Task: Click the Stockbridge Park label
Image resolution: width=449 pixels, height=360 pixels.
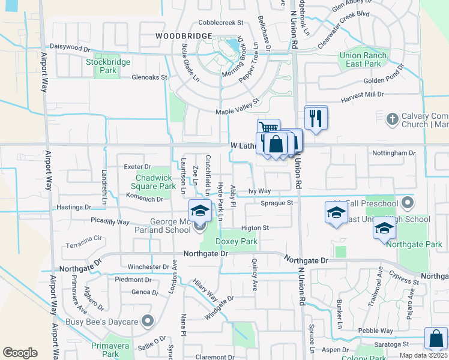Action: pos(100,66)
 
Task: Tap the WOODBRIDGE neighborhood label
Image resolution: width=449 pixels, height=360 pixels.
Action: pos(184,36)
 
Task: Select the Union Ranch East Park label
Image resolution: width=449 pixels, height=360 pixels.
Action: pos(364,59)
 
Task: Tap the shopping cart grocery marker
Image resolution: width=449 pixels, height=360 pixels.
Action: pos(268,128)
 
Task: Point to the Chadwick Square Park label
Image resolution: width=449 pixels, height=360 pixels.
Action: pos(155,182)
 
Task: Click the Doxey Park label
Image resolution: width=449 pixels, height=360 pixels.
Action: pos(236,241)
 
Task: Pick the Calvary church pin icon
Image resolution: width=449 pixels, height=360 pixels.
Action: pos(392,118)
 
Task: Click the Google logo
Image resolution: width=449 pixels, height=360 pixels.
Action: pos(20,352)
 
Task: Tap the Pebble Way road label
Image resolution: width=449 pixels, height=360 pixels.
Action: pos(376,331)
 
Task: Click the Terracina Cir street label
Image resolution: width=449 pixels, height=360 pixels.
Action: pos(84,239)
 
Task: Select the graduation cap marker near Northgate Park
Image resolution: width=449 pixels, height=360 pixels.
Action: pos(384,229)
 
